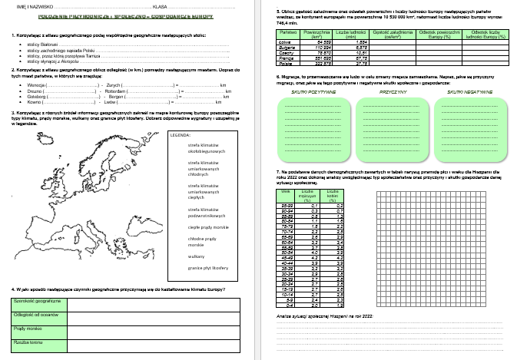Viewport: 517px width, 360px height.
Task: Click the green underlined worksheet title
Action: (128, 15)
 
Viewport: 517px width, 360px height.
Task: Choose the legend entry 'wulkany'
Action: (194, 255)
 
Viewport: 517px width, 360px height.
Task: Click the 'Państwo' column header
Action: (287, 35)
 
